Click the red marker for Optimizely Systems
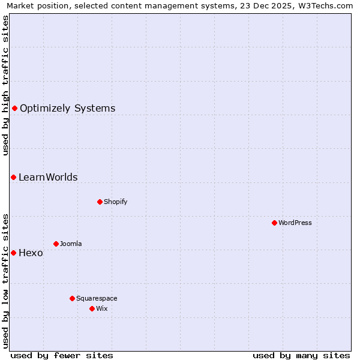[14, 108]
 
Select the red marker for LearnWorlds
[13, 177]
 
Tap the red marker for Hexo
[13, 253]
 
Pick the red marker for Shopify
[100, 202]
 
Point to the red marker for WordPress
[274, 223]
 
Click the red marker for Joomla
[56, 244]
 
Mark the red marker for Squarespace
[72, 298]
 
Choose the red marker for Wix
[92, 308]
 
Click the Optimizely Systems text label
[67, 109]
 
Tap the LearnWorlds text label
[48, 178]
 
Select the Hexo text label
[31, 253]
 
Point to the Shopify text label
[115, 202]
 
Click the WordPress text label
[295, 223]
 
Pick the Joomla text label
[71, 244]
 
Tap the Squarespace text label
[97, 299]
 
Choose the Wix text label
[101, 309]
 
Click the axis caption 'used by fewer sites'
[62, 355]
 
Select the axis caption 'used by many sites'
[301, 355]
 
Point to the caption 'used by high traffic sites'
[6, 85]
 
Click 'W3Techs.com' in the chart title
[325, 5]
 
